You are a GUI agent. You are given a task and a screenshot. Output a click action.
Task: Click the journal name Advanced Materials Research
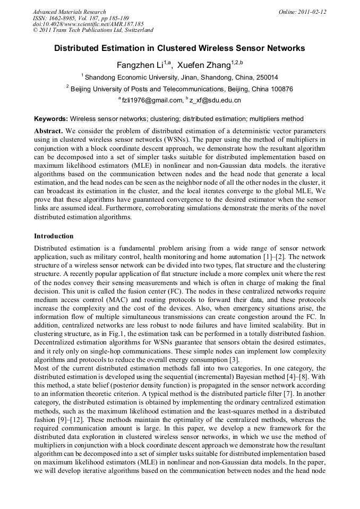click(70, 12)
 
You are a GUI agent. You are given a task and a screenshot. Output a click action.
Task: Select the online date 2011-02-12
click(312, 12)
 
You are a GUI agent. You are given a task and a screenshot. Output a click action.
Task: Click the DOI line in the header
click(88, 24)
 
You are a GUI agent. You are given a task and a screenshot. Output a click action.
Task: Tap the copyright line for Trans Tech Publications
click(93, 31)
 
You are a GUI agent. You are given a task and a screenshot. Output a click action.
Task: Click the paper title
click(179, 48)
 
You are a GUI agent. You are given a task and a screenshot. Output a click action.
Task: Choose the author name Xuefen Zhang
click(204, 65)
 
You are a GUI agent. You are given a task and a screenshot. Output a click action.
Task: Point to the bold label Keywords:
click(51, 119)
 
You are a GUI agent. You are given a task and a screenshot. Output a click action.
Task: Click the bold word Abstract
click(49, 131)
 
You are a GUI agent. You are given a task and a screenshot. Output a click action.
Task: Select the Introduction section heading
click(54, 236)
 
